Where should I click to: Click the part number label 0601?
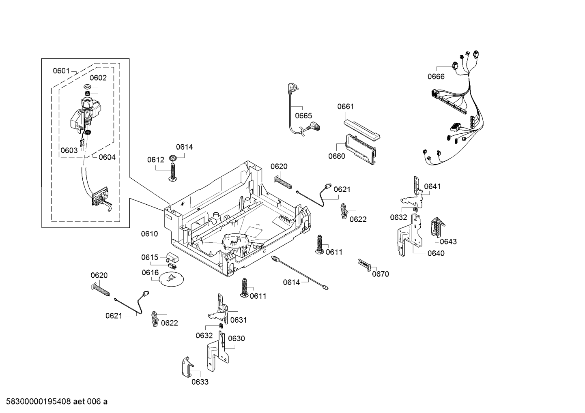(61, 71)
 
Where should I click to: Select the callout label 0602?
(98, 78)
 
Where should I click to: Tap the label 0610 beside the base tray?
(149, 234)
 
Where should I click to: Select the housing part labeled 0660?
(361, 152)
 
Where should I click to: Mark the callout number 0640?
(435, 253)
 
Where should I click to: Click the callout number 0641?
(432, 186)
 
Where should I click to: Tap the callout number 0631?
(238, 320)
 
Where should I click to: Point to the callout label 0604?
(107, 157)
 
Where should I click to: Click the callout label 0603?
(69, 150)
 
